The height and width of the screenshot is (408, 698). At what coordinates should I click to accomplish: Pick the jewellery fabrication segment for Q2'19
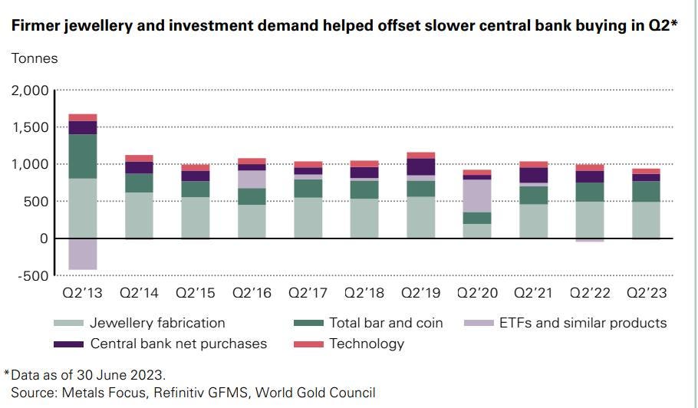click(420, 218)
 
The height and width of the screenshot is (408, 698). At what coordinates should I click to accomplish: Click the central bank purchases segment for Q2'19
click(420, 167)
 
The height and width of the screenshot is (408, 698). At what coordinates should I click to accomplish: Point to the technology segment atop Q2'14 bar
click(139, 158)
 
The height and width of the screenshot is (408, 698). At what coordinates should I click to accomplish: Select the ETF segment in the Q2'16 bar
click(251, 179)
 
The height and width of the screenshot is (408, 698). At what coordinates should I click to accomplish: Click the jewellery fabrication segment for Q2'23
click(645, 220)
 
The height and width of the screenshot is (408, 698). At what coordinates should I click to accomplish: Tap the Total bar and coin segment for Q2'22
click(589, 192)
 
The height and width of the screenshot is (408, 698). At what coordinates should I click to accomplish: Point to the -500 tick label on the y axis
click(31, 276)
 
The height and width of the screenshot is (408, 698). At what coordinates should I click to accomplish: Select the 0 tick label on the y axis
click(44, 239)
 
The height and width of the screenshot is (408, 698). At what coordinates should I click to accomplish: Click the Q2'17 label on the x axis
click(307, 293)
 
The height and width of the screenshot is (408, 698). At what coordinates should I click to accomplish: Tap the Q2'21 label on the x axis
click(532, 293)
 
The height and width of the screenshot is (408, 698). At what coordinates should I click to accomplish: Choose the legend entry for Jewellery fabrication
click(157, 323)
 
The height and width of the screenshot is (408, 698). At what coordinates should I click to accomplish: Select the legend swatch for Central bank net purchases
click(69, 344)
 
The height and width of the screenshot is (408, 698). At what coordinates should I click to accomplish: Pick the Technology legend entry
click(366, 344)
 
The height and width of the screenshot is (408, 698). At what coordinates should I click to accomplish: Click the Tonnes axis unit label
click(34, 58)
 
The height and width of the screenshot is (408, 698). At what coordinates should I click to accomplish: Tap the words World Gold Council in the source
click(315, 393)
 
